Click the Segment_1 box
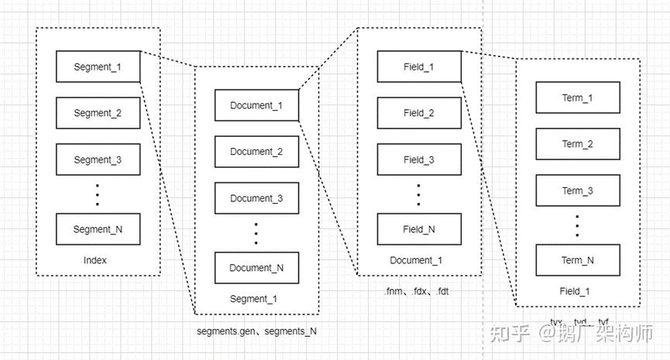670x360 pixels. pyautogui.click(x=98, y=67)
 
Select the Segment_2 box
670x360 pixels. pyautogui.click(x=98, y=113)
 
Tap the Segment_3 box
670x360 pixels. pyautogui.click(x=98, y=159)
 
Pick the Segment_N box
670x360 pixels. pyautogui.click(x=98, y=229)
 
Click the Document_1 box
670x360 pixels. pyautogui.click(x=256, y=105)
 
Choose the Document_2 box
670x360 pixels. pyautogui.click(x=256, y=152)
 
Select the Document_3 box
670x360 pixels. pyautogui.click(x=256, y=198)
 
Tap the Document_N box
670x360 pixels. pyautogui.click(x=256, y=268)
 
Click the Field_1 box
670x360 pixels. pyautogui.click(x=419, y=67)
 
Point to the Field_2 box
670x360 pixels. pyautogui.click(x=419, y=113)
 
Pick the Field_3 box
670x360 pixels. pyautogui.click(x=419, y=159)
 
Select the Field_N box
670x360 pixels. pyautogui.click(x=419, y=229)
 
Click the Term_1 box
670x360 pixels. pyautogui.click(x=578, y=98)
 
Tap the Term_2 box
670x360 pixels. pyautogui.click(x=578, y=144)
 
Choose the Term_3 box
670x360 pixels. pyautogui.click(x=578, y=190)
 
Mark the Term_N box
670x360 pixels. pyautogui.click(x=578, y=260)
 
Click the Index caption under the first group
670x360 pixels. pyautogui.click(x=94, y=261)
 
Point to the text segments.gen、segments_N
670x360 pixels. pyautogui.click(x=257, y=331)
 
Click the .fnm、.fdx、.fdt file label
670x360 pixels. pyautogui.click(x=416, y=292)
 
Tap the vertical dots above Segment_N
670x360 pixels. pyautogui.click(x=98, y=194)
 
